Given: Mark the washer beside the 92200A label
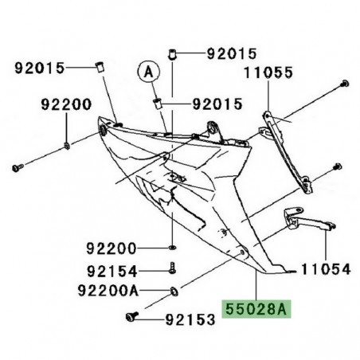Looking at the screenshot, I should (173, 288).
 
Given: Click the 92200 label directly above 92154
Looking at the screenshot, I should (113, 248).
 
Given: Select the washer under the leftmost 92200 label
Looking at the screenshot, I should (65, 144).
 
